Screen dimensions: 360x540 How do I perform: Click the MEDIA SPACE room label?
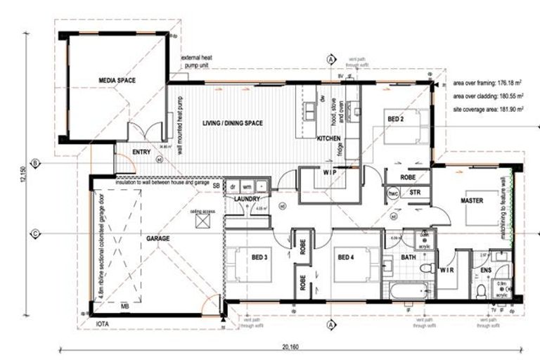coord(117,81)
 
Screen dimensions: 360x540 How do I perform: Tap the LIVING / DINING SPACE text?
coord(233,124)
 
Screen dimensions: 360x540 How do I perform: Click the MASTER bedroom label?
coord(472,200)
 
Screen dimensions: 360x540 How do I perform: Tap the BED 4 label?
coord(347,258)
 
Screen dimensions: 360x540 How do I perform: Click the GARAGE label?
coord(157,239)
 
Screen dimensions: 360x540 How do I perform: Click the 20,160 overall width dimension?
coord(290,345)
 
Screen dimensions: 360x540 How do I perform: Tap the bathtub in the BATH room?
coord(408,290)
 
